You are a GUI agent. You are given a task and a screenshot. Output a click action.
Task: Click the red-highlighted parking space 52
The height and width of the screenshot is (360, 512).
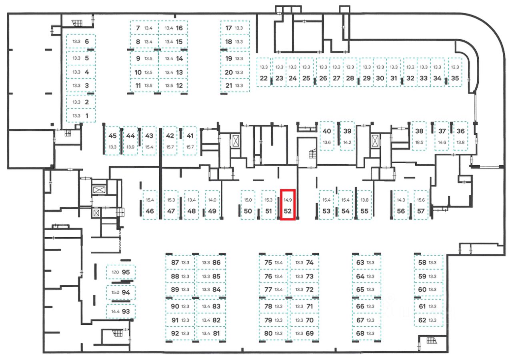[288, 204]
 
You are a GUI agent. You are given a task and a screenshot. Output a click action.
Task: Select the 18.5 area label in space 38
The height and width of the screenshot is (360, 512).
[419, 142]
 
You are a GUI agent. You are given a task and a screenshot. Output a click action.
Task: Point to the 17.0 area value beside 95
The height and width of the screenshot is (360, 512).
[115, 272]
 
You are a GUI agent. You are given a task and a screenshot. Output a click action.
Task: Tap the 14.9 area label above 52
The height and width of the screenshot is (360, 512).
[288, 200]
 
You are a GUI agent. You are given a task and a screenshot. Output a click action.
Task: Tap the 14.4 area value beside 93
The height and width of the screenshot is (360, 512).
[115, 311]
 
